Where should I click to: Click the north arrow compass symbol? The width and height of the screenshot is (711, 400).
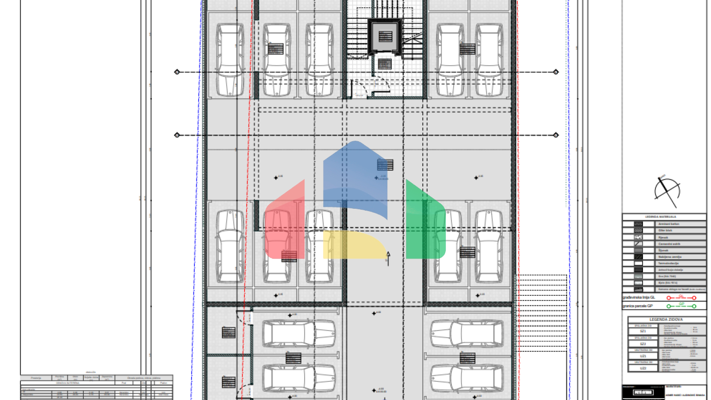(x=667, y=191)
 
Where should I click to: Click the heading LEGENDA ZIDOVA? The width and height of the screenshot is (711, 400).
(x=666, y=319)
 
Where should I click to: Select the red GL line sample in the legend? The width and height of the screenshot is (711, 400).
(x=681, y=298)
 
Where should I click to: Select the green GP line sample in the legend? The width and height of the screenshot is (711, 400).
(x=681, y=306)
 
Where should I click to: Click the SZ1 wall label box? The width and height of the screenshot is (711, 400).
(x=642, y=331)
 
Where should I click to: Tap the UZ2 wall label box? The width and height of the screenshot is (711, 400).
(x=642, y=368)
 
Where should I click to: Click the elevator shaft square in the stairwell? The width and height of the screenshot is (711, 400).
(x=385, y=36)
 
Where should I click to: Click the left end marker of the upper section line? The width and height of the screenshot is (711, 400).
(x=177, y=72)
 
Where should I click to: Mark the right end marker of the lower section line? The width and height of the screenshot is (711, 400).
(x=556, y=135)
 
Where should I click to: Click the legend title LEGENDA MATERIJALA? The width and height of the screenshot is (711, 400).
(x=661, y=217)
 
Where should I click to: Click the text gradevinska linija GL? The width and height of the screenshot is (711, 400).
(x=639, y=298)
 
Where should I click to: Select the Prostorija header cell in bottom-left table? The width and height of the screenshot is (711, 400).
(x=36, y=378)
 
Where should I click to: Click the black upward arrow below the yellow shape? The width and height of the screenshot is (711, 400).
(x=388, y=258)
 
